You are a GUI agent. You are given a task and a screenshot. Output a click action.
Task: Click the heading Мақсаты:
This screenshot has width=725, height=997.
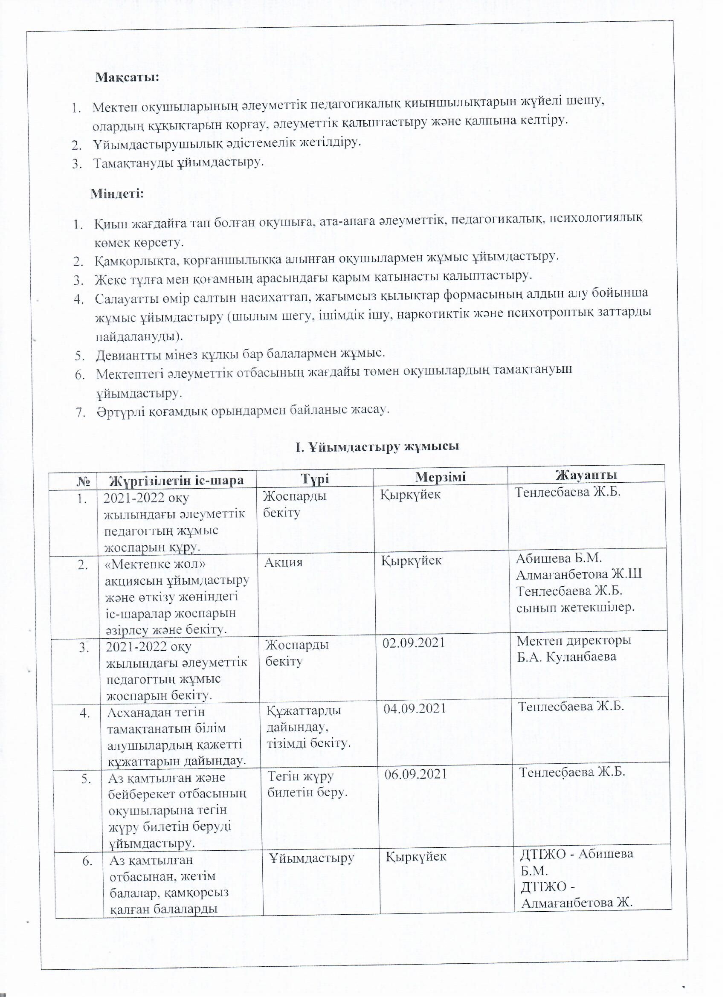pyautogui.click(x=127, y=77)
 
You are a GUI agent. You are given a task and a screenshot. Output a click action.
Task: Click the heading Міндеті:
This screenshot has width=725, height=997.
pyautogui.click(x=117, y=194)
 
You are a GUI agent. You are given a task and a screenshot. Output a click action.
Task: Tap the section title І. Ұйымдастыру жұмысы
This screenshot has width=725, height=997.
pyautogui.click(x=378, y=446)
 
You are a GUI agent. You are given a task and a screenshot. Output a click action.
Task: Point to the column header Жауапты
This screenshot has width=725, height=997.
pyautogui.click(x=586, y=474)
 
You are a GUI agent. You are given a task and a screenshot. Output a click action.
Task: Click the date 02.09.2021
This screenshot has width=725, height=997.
pyautogui.click(x=414, y=643)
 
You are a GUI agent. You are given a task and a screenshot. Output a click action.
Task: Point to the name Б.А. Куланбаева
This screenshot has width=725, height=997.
pyautogui.click(x=566, y=657)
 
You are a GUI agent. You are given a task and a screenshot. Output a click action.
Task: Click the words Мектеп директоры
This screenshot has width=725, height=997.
pyautogui.click(x=574, y=641)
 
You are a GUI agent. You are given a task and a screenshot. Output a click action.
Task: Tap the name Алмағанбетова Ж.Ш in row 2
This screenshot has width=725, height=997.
pyautogui.click(x=579, y=574)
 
